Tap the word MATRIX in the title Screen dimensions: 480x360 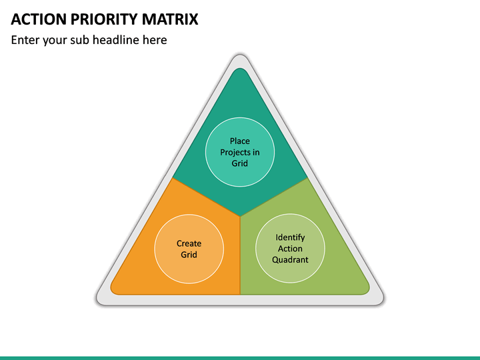(170, 19)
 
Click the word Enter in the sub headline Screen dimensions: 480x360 (25, 40)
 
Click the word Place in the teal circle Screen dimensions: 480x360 (240, 141)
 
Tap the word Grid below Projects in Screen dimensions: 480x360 (240, 163)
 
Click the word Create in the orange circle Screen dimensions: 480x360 (189, 243)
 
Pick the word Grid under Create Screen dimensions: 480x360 (189, 255)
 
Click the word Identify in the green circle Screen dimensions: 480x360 (290, 237)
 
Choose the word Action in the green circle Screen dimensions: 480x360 (290, 249)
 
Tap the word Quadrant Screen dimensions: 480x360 (290, 259)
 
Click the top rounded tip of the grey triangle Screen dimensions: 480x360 (240, 55)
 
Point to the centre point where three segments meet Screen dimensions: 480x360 (240, 217)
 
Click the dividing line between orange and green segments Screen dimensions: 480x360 (240, 255)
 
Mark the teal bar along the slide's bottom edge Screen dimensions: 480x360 (240, 358)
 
